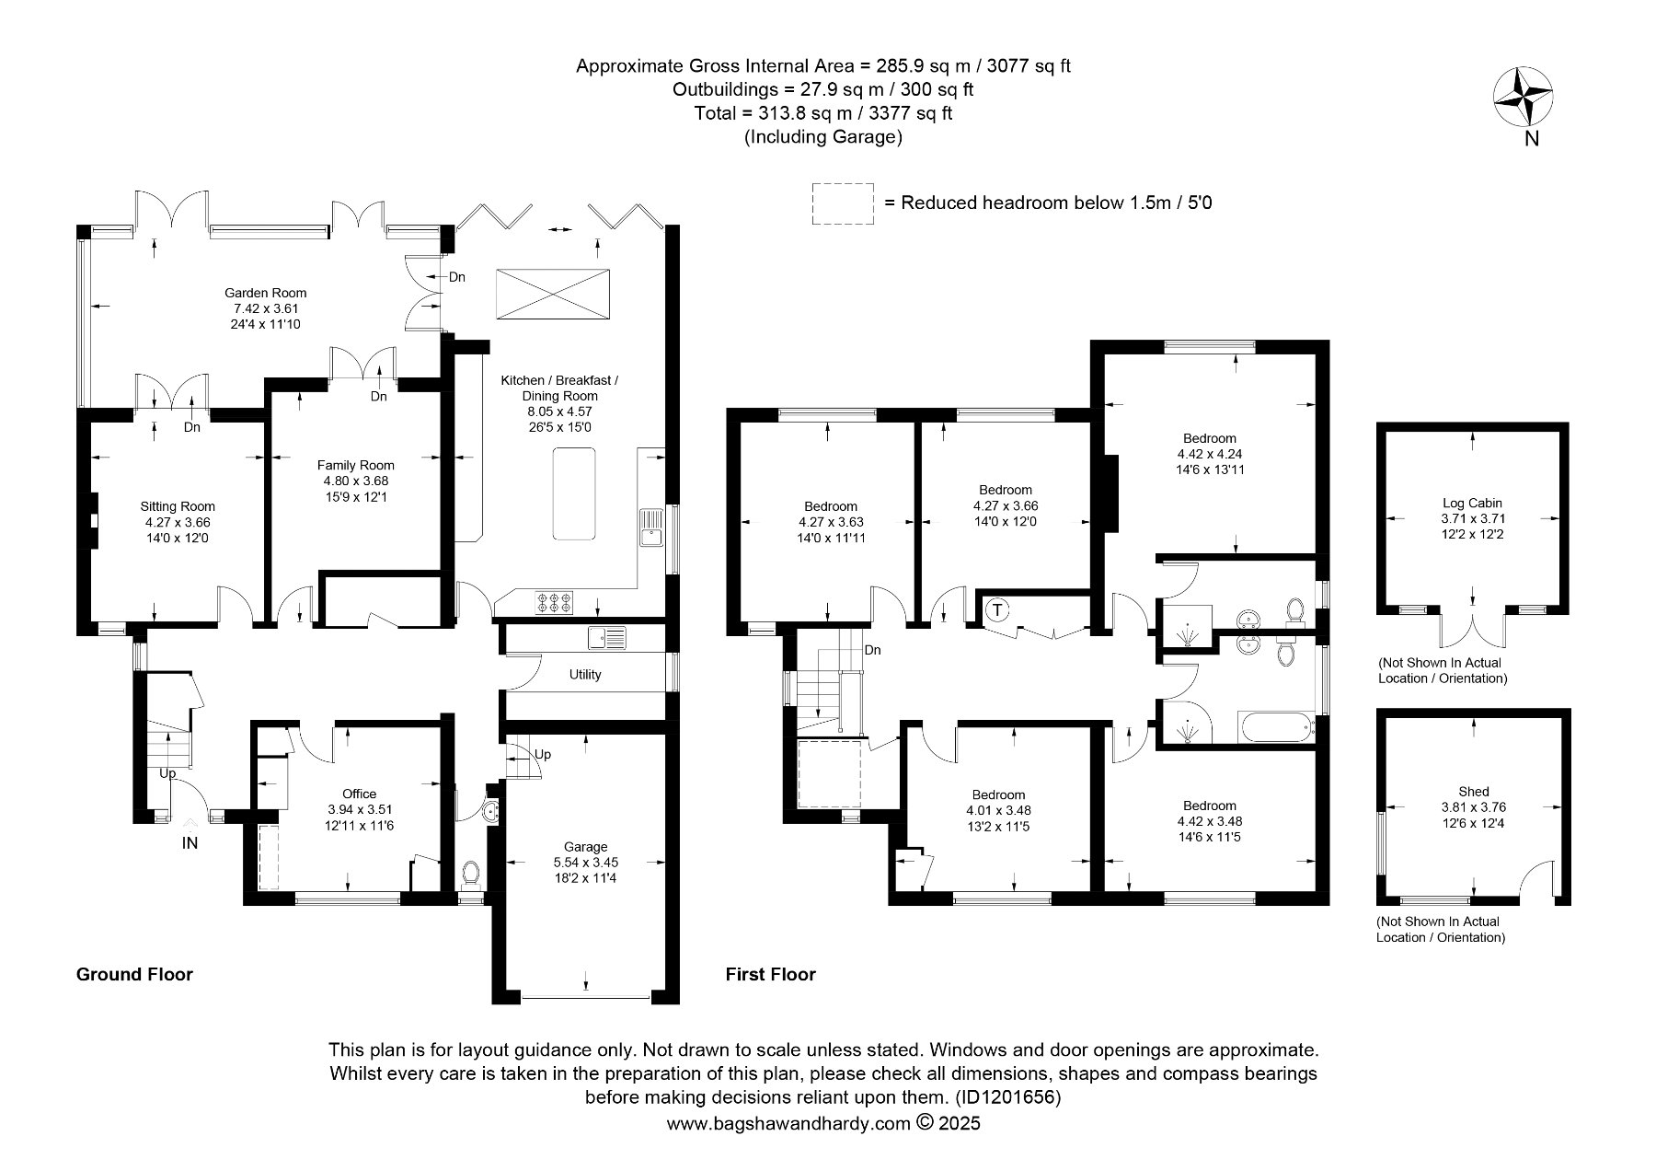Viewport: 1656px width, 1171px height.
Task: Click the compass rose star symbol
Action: pos(1522,98)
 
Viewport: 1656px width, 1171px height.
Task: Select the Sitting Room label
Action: pos(178,506)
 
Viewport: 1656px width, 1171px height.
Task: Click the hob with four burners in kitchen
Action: pos(555,602)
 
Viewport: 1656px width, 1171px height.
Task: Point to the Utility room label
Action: pos(585,675)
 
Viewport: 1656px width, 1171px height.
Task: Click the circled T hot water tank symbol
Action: pos(997,609)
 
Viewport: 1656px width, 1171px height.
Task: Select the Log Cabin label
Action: pos(1473,503)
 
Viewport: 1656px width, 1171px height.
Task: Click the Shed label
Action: pos(1474,791)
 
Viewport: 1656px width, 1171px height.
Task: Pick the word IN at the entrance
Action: pos(190,842)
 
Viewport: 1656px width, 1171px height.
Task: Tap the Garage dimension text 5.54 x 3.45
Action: pos(585,863)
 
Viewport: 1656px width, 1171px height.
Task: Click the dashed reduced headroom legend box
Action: pos(843,203)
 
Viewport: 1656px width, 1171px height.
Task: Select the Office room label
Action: pos(359,794)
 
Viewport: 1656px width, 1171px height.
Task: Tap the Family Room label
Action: pos(356,465)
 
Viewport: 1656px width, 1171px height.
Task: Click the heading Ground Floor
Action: pos(134,974)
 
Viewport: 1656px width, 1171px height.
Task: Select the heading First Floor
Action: pos(771,974)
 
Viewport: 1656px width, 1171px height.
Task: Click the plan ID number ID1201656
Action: pos(1008,1097)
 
